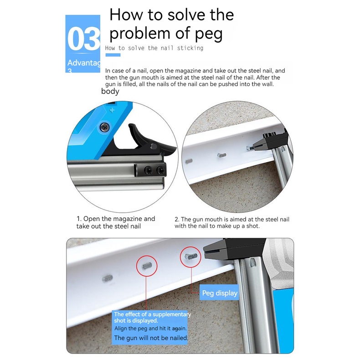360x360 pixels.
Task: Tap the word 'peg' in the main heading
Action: (209, 34)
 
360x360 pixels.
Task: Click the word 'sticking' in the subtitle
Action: (190, 48)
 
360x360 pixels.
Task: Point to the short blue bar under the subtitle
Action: (113, 55)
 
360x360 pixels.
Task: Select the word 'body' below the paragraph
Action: (110, 92)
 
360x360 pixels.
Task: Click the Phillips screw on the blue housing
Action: (104, 127)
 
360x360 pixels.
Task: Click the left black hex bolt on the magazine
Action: (148, 170)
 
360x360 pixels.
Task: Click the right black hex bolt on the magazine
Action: (161, 170)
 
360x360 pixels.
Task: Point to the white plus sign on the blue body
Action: (112, 110)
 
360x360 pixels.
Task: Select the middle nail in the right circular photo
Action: (222, 155)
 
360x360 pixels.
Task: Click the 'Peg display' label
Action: (220, 293)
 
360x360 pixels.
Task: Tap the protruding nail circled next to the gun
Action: (191, 256)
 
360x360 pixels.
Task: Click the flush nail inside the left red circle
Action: (147, 266)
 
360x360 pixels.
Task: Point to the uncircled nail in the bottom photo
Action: (107, 278)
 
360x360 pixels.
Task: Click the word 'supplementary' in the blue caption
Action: (172, 314)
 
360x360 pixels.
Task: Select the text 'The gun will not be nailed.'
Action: (151, 338)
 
